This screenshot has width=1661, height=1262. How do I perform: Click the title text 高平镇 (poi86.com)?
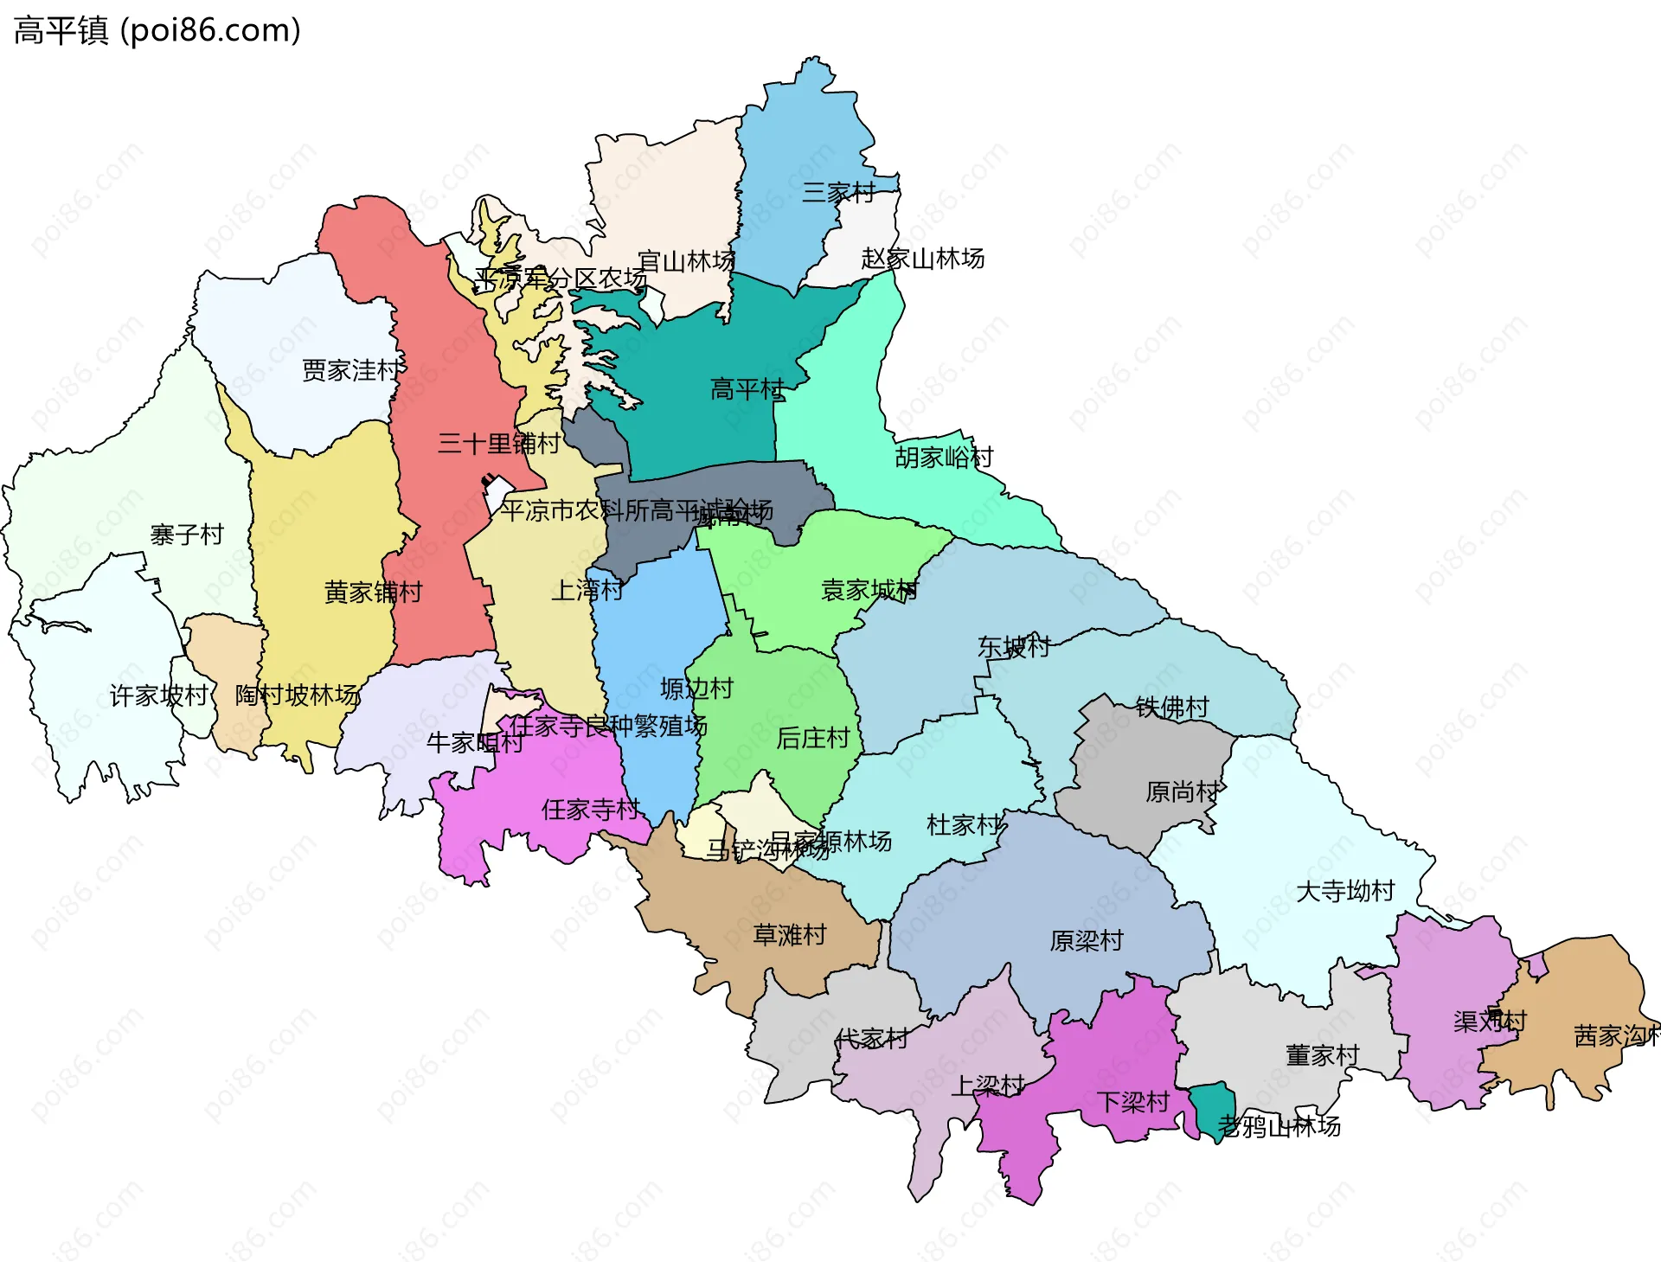pos(157,31)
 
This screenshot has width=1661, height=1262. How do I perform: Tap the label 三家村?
pos(837,192)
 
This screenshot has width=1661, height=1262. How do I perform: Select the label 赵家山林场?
pos(922,259)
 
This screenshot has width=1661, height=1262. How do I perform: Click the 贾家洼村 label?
pos(351,370)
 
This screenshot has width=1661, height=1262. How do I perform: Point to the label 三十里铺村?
pos(498,444)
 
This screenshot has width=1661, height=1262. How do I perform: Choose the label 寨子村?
pos(187,535)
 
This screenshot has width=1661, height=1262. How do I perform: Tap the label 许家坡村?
pos(159,695)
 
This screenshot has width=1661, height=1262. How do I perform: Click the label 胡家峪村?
pos(944,458)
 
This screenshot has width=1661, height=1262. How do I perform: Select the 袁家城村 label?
pos(869,591)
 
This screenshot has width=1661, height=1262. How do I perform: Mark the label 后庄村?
pos(812,738)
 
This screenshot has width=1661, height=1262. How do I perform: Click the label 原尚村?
pos(1182,791)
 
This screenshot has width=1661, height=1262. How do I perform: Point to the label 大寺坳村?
pos(1345,891)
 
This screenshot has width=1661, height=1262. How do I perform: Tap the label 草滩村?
pos(789,935)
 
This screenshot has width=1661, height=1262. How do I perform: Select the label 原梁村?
pos(1087,941)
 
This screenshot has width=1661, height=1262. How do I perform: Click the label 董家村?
pos(1322,1055)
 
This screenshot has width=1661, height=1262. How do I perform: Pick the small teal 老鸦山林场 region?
pos(1211,1106)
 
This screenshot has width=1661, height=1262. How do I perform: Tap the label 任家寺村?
pos(590,810)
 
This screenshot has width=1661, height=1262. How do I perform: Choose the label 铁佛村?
pos(1172,708)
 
